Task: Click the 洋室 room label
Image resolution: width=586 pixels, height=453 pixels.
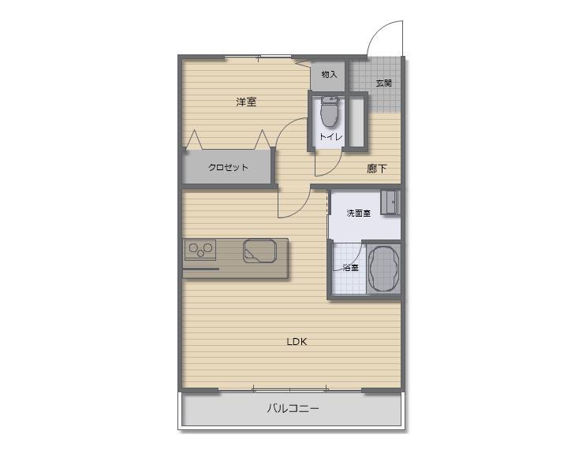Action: click(246, 102)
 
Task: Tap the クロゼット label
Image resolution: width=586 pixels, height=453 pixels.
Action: click(228, 167)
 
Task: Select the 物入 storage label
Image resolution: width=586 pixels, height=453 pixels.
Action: click(329, 75)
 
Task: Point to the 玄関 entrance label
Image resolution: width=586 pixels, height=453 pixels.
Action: click(383, 83)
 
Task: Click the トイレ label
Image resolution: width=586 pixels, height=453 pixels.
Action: click(330, 137)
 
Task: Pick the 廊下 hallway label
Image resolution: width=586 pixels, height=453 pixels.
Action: click(377, 168)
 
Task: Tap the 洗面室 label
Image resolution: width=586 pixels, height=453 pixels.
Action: click(359, 214)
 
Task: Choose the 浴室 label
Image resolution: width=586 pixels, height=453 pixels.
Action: click(350, 267)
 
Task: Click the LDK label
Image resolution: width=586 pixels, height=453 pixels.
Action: click(297, 341)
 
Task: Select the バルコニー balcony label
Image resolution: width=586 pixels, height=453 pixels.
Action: click(293, 409)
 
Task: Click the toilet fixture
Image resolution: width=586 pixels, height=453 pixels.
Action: click(330, 113)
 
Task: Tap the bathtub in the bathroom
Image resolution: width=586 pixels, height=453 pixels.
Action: click(385, 269)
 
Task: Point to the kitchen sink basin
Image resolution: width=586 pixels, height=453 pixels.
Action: click(259, 251)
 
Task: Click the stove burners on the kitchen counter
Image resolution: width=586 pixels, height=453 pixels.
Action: click(200, 251)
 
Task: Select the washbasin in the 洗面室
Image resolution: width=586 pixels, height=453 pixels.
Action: click(390, 202)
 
